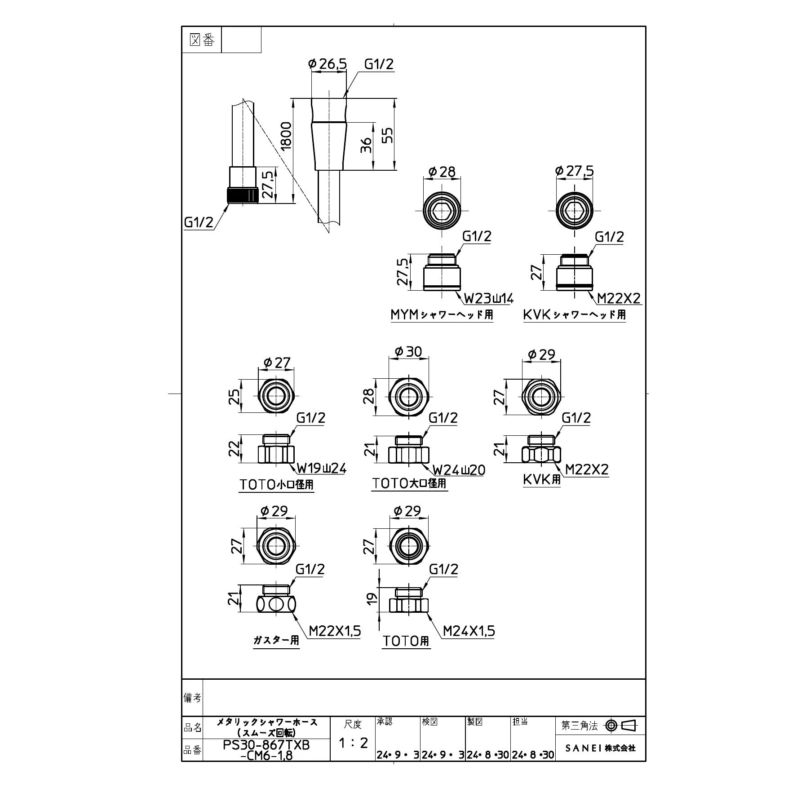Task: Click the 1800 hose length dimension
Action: (x=286, y=135)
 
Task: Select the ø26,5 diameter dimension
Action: (x=328, y=64)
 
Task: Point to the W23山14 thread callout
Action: (x=489, y=298)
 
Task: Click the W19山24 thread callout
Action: (x=322, y=469)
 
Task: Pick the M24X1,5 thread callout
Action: (x=469, y=631)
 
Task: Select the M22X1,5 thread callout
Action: (x=335, y=631)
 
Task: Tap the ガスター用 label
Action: (x=276, y=640)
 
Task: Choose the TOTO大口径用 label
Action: (x=409, y=483)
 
